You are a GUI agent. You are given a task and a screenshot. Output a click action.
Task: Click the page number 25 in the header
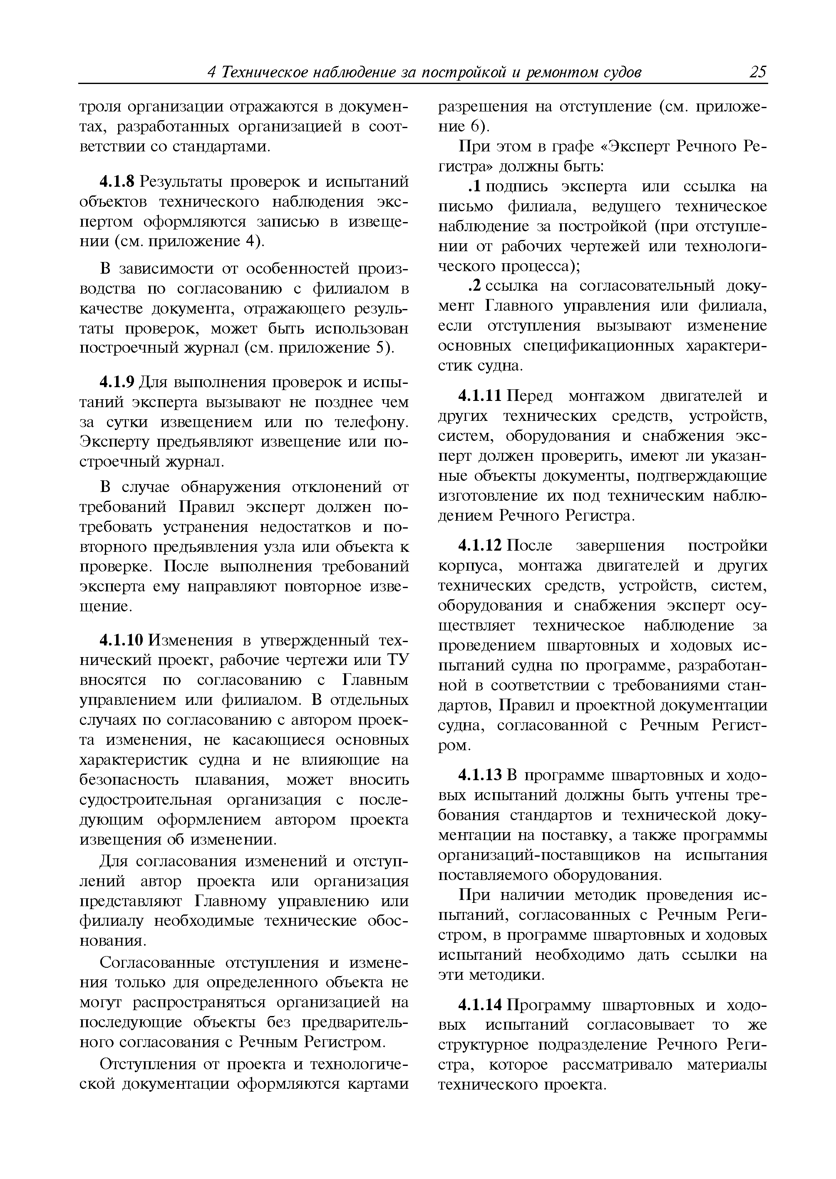(758, 72)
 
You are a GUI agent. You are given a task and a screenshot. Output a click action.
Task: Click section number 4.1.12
(480, 545)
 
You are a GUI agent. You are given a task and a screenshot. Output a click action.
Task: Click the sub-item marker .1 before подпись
(475, 186)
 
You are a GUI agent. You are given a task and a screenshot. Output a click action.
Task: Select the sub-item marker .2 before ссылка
(475, 286)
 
